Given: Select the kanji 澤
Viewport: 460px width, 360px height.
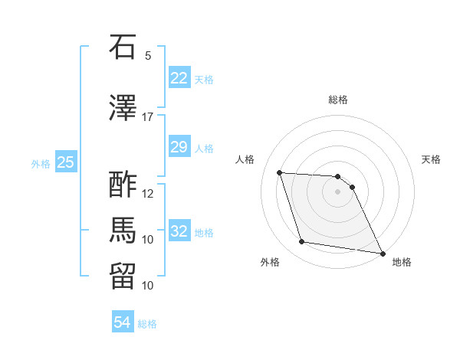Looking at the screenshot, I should [x=123, y=109].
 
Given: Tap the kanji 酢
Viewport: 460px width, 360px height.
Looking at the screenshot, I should [x=123, y=185].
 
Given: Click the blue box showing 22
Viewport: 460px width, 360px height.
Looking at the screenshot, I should [x=179, y=78].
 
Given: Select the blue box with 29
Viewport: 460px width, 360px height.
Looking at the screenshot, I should [x=179, y=147].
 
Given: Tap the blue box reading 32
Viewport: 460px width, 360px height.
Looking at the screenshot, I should [x=179, y=231].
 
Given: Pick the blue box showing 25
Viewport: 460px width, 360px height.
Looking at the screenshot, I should [x=66, y=162].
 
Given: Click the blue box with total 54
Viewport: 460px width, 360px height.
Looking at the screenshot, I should [x=123, y=322].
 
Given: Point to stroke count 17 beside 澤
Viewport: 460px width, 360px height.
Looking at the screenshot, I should [x=148, y=117].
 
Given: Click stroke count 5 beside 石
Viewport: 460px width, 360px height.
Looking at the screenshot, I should [x=148, y=55].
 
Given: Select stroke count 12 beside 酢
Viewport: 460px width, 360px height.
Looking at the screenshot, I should [x=148, y=193].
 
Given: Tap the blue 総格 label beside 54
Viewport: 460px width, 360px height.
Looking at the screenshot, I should [x=147, y=324].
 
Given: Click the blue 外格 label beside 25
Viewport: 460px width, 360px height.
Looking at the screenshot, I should [x=41, y=163].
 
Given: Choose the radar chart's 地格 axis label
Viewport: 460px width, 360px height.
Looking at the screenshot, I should [x=402, y=262].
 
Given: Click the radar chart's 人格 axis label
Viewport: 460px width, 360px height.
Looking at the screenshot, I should [x=245, y=159].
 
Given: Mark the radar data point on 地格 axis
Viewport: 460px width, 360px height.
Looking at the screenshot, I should [x=382, y=253].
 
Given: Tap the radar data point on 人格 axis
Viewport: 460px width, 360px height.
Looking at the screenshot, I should [x=280, y=172].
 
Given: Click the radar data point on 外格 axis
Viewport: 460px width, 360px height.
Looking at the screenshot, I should [x=302, y=242].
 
